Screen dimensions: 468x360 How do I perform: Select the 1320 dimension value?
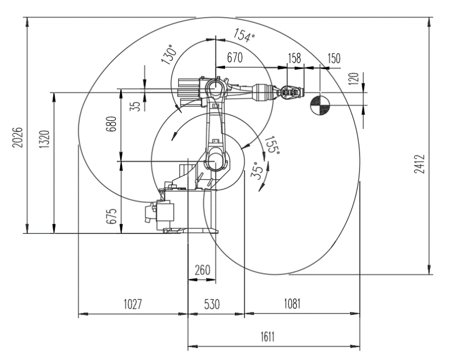[x=45, y=139]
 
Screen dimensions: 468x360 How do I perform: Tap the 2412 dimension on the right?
[x=419, y=164]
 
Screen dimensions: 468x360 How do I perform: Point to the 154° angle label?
[x=244, y=35]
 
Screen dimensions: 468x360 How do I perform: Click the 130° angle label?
[x=169, y=54]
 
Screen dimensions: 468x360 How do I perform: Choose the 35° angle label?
[x=258, y=171]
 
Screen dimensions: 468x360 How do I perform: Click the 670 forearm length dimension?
[x=235, y=58]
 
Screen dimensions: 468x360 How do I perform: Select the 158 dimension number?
[x=295, y=58]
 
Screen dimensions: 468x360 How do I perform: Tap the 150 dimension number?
[x=334, y=58]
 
